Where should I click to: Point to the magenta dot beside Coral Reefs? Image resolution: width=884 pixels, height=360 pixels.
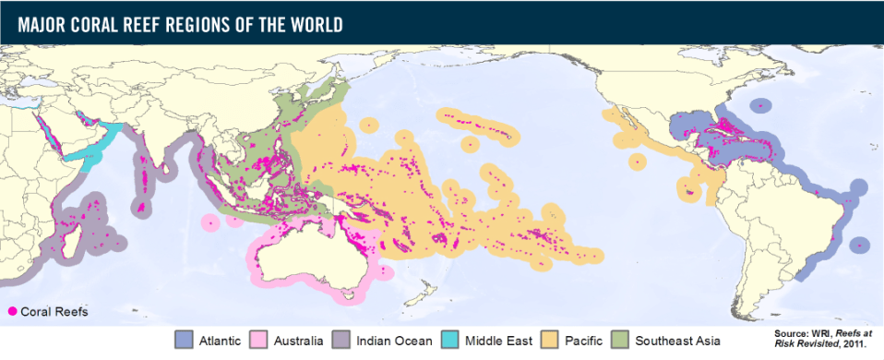pos(11,312)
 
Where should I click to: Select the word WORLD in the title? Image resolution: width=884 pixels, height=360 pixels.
pos(315,23)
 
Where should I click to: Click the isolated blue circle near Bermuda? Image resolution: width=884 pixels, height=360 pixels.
pos(760,107)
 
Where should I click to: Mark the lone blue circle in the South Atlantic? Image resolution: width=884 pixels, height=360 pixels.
pos(860,245)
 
